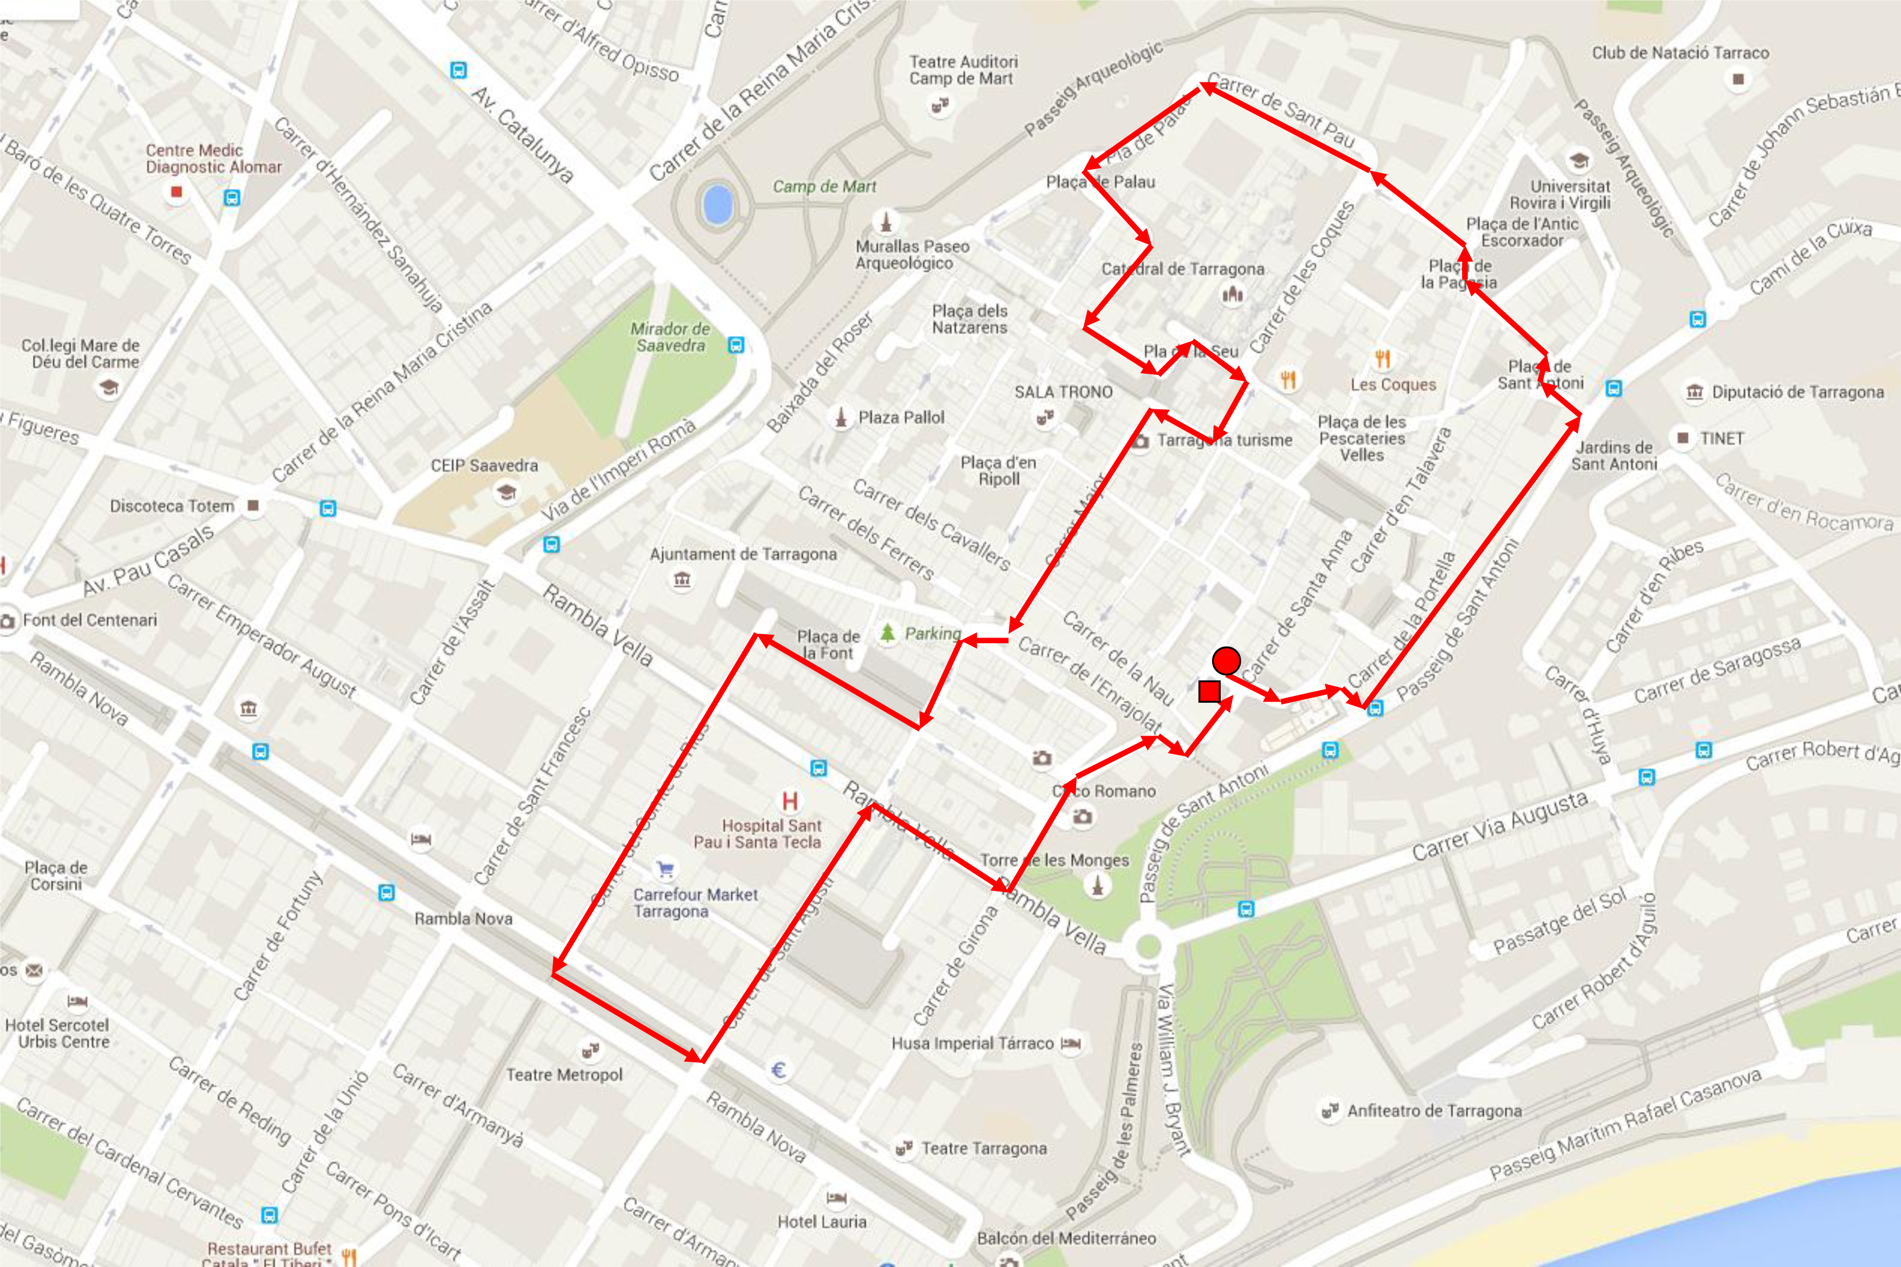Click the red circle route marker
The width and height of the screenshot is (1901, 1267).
tap(1226, 661)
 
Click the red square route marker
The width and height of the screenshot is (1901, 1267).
tap(1209, 691)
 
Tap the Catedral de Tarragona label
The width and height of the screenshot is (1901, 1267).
tap(1182, 269)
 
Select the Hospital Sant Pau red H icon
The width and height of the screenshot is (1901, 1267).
tap(790, 801)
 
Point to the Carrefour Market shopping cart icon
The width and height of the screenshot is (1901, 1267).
tap(665, 870)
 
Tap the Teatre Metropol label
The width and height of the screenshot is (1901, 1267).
tap(564, 1075)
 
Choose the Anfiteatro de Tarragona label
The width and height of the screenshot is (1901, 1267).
tap(1434, 1111)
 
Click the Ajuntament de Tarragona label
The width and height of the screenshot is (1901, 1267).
tap(743, 554)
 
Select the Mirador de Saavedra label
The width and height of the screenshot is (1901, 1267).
tap(669, 337)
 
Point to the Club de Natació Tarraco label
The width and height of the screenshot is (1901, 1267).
tap(1680, 53)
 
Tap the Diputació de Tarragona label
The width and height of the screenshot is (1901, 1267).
tap(1798, 393)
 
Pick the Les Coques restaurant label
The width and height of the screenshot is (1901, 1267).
tap(1393, 385)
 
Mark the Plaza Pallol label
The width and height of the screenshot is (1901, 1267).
tap(901, 418)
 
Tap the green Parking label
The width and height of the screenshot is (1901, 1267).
tap(932, 633)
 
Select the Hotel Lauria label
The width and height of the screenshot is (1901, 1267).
tap(821, 1222)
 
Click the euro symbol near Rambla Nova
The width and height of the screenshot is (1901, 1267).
tap(778, 1071)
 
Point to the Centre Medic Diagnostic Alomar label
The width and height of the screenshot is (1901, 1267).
tap(213, 158)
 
